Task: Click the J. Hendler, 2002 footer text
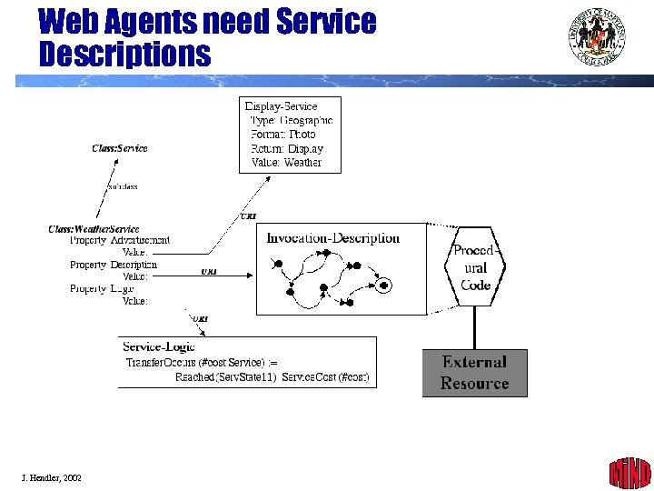(x=52, y=477)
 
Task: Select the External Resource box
(x=474, y=373)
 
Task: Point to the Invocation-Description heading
(x=332, y=238)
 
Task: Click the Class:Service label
(x=120, y=148)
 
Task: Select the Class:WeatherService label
(x=94, y=229)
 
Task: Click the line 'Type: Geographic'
(x=292, y=120)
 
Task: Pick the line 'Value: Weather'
(x=286, y=163)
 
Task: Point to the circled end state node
(x=384, y=286)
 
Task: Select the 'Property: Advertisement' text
(x=120, y=240)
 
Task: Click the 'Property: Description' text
(x=114, y=265)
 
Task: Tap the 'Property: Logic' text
(x=102, y=288)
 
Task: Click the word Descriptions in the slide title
(x=124, y=54)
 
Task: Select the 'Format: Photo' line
(x=283, y=135)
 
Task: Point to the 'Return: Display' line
(x=287, y=148)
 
